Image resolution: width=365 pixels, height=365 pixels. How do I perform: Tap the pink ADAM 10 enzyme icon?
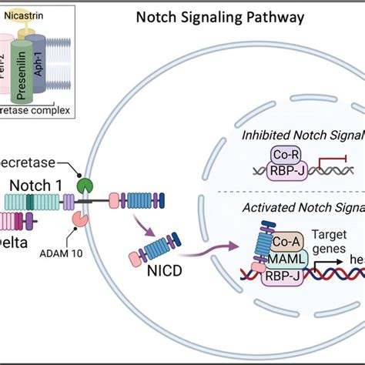(80, 219)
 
